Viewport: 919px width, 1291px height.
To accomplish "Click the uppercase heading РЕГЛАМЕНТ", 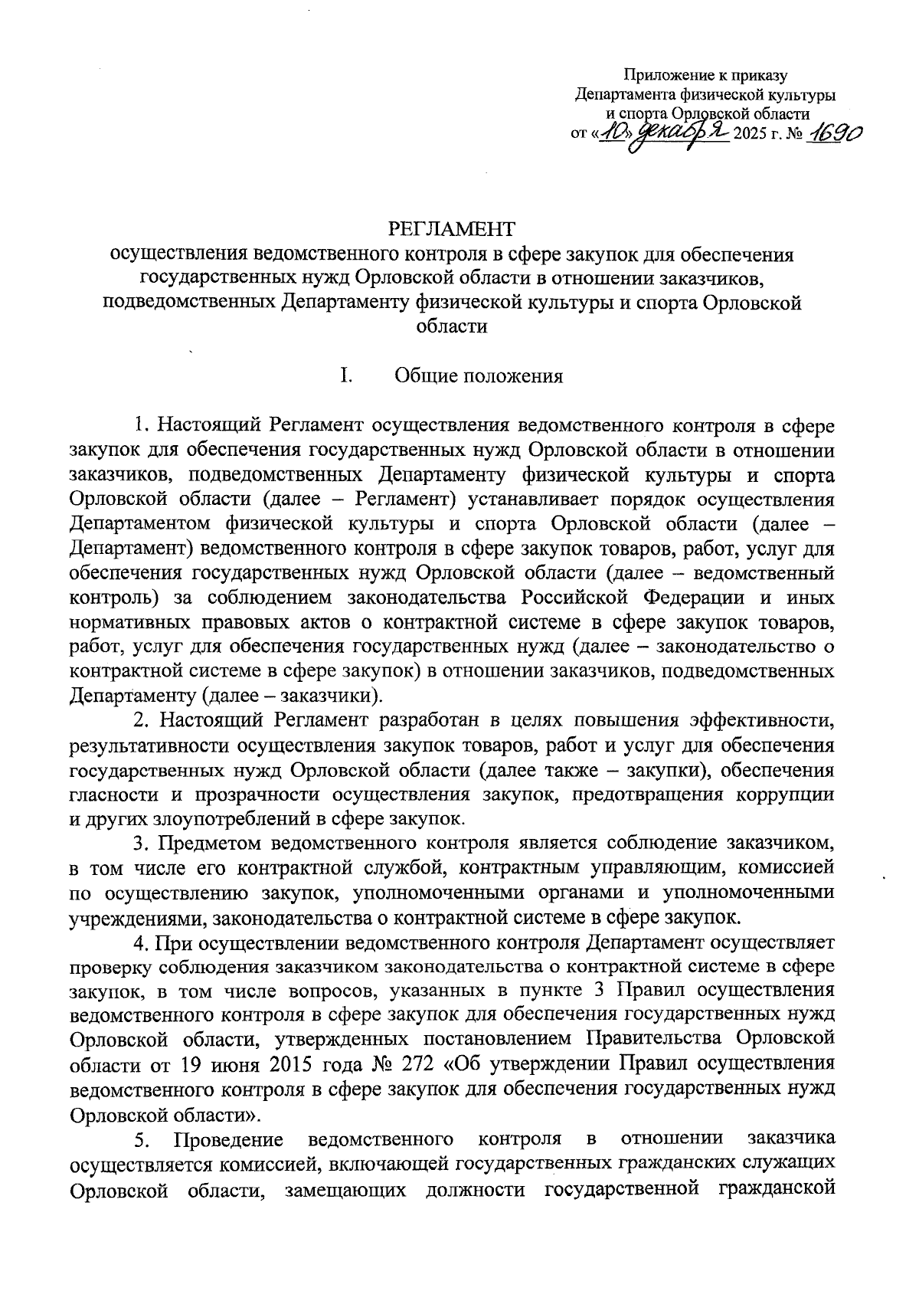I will pyautogui.click(x=452, y=228).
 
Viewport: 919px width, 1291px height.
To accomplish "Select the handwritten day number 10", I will pyautogui.click(x=612, y=136).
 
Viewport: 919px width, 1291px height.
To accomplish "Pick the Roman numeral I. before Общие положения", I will pyautogui.click(x=346, y=375).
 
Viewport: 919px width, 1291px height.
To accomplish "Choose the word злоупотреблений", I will pyautogui.click(x=249, y=818).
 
